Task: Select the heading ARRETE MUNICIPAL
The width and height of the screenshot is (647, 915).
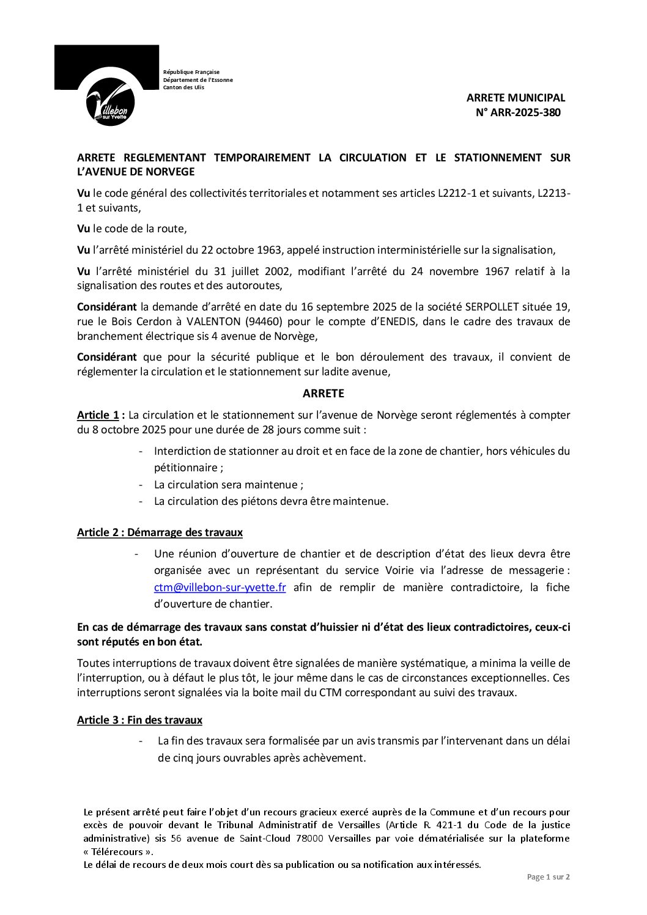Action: click(x=516, y=97)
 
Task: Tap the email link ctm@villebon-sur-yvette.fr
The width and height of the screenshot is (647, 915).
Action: click(x=220, y=587)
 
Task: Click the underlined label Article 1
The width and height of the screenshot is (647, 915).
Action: click(x=98, y=415)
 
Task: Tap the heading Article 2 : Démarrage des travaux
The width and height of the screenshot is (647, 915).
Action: click(x=160, y=532)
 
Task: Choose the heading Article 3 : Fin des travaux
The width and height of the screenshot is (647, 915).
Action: click(x=139, y=719)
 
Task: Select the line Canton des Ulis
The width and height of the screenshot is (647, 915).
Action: click(x=183, y=87)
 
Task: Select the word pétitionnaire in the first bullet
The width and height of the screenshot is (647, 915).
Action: click(x=186, y=468)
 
